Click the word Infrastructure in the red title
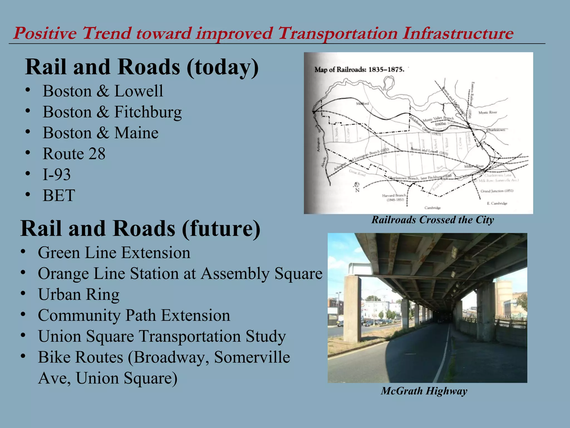458,33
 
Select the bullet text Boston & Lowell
103,91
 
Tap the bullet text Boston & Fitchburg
112,112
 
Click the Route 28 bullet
74,154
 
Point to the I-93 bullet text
56,174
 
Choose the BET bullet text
59,195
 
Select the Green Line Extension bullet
114,253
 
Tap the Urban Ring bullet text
79,295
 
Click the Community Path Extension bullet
134,315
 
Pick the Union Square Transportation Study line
162,336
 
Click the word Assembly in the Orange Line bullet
235,274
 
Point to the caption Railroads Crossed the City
433,220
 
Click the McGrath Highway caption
424,391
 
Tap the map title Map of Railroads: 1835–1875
359,69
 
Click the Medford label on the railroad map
362,104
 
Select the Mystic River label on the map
488,113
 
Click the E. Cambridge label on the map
497,203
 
